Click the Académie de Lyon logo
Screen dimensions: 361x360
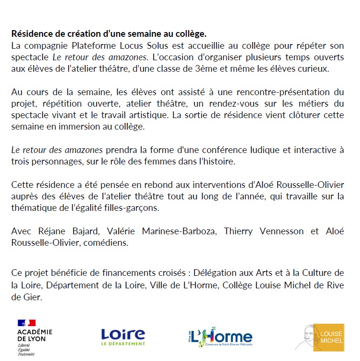point(34,336)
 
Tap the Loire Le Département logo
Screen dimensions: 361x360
point(123,336)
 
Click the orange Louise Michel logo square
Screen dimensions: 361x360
point(331,337)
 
